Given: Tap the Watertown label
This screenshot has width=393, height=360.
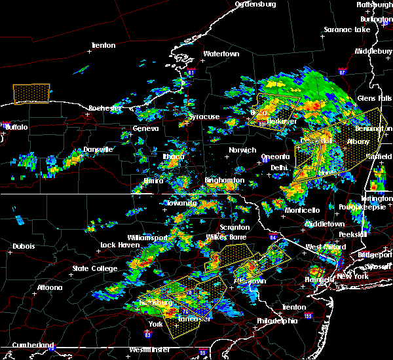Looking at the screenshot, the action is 221,54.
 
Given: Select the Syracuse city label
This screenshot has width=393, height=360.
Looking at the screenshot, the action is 204,117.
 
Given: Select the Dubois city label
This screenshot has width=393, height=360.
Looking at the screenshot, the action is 24,247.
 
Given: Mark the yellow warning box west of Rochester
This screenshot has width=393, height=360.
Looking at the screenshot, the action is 31,94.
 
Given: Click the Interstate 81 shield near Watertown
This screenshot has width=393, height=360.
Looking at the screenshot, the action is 191,71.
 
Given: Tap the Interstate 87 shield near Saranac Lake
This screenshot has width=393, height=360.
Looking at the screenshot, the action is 342,71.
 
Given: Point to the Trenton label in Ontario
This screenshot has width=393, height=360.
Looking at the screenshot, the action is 103,45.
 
